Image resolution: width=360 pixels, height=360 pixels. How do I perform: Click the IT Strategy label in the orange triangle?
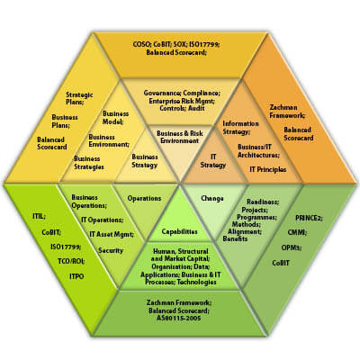pos(213,161)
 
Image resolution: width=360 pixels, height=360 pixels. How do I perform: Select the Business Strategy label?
pos(145,161)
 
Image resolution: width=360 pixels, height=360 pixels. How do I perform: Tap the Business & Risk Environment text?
pos(180,137)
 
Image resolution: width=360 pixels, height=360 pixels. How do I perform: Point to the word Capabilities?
pos(179,231)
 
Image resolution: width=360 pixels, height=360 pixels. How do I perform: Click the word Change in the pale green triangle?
pos(212,198)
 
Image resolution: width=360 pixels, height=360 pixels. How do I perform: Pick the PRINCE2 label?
pos(309,218)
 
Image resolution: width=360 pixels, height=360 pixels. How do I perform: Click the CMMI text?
pos(297,232)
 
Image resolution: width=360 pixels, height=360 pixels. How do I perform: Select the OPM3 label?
pos(292,247)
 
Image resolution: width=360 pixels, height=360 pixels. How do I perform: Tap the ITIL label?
pos(39,216)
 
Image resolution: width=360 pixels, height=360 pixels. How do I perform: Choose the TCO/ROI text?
pos(71,261)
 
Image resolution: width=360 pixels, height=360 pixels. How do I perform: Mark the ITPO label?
pos(76,276)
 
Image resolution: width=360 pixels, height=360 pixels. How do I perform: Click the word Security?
pos(111,250)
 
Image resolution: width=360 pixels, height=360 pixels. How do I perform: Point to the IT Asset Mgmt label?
pos(112,234)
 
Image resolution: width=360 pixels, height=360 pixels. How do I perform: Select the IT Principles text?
pos(268,169)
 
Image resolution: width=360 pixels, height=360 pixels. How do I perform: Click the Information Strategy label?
pos(240,128)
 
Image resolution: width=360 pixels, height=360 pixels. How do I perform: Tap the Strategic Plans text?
pos(79,98)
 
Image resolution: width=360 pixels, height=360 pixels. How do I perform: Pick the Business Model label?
pos(115,118)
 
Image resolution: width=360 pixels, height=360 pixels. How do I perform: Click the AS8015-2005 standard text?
pos(179,319)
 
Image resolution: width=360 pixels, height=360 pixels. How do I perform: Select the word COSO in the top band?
pos(142,44)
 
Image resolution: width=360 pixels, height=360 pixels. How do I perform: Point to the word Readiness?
pos(263,202)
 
